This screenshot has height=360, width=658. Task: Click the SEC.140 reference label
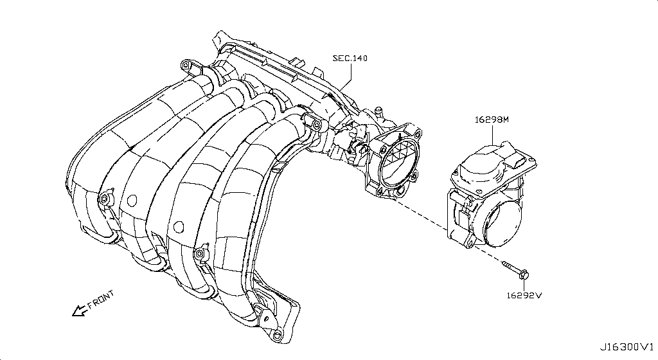click(x=350, y=59)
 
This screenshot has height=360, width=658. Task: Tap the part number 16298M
click(x=492, y=120)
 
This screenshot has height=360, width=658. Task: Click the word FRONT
click(x=101, y=300)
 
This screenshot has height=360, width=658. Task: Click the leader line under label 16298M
click(x=493, y=135)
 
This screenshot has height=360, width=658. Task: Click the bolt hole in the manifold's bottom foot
click(x=277, y=336)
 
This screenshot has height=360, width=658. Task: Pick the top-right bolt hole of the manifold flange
click(x=418, y=134)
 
